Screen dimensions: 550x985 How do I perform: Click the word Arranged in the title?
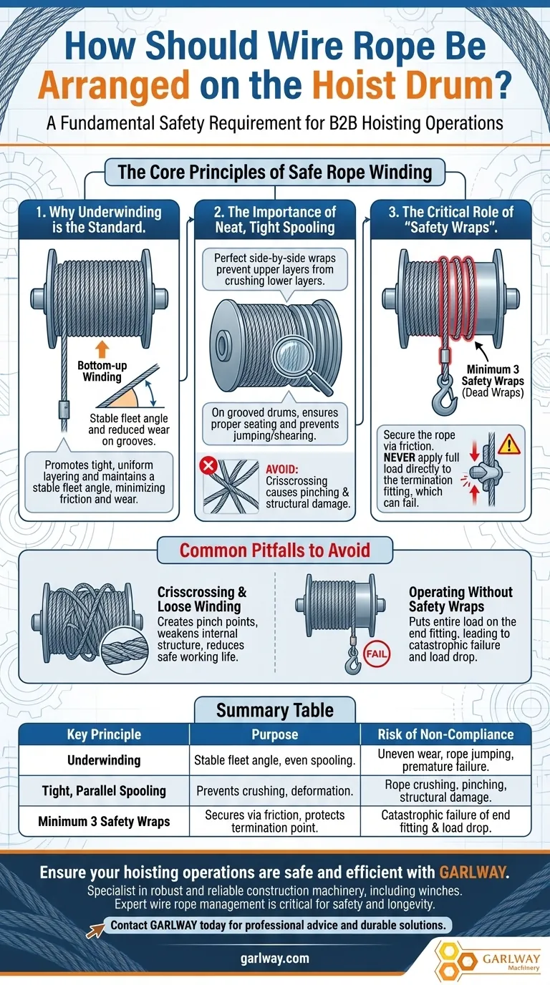[114, 84]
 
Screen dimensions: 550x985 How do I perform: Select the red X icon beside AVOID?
[208, 465]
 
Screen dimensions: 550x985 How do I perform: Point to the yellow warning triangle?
[509, 445]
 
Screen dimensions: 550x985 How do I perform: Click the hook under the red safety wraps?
[443, 397]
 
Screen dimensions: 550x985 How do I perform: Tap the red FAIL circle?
[377, 654]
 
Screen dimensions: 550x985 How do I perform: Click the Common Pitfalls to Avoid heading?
[274, 550]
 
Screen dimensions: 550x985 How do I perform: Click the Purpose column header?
[274, 734]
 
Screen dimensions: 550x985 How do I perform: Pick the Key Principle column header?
[104, 734]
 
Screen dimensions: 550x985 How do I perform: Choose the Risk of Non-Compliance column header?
[445, 734]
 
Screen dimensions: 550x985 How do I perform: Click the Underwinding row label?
[104, 760]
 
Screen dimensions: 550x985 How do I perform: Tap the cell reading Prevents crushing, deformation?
[274, 791]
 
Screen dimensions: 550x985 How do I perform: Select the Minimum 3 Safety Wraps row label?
[104, 821]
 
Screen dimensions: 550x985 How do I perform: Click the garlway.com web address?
[274, 959]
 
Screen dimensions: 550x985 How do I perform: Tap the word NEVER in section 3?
[399, 457]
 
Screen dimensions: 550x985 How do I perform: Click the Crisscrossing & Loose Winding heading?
[202, 599]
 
